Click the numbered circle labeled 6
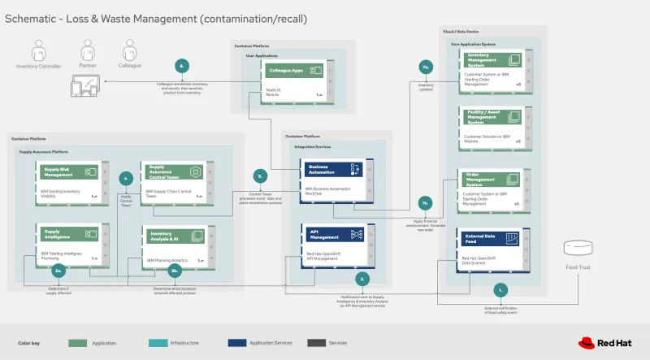coord(183,66)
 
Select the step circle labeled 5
coord(260,176)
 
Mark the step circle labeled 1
coord(501,288)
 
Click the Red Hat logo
coord(607,342)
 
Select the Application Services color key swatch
coord(239,342)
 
